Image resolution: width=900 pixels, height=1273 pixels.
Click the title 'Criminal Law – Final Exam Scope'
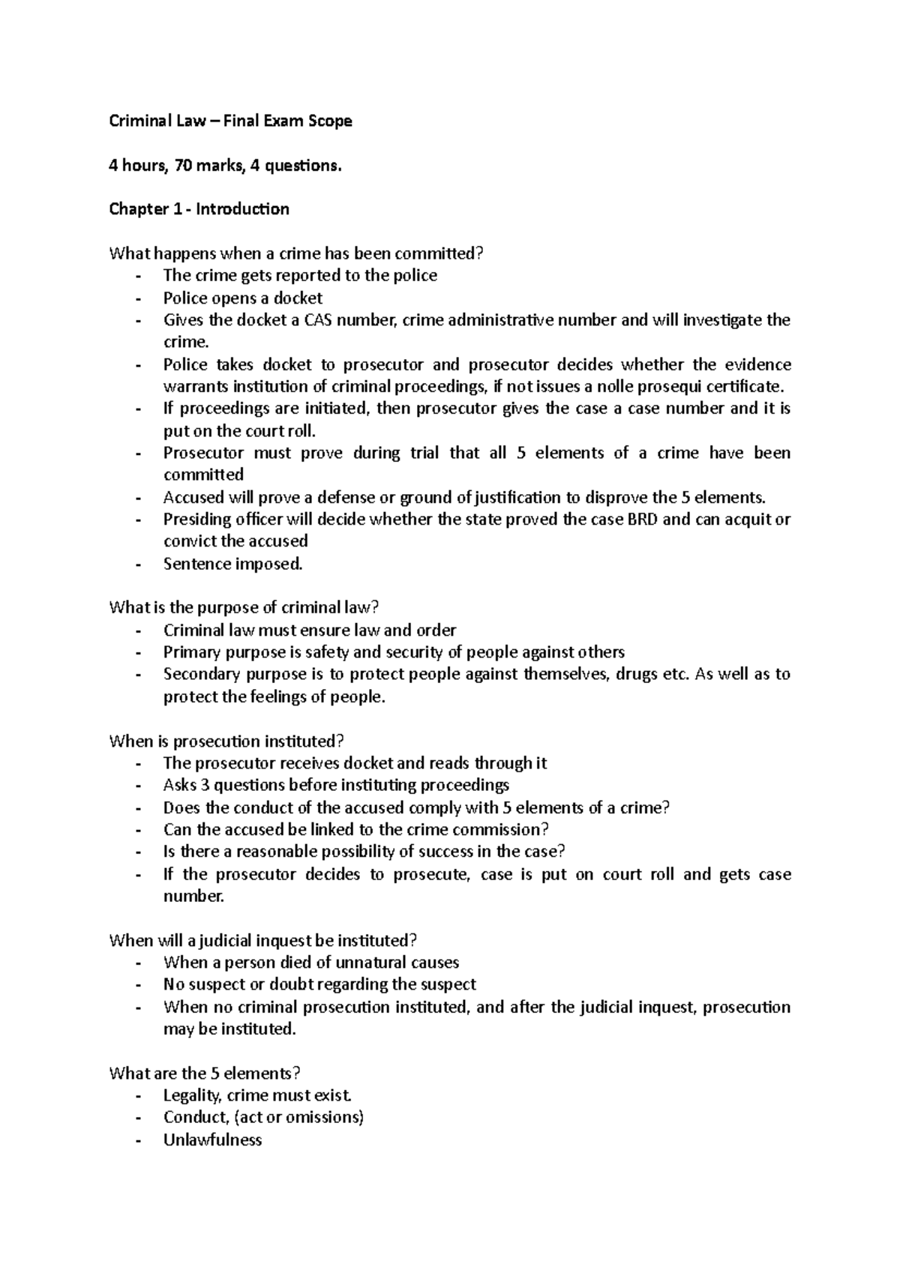(x=230, y=121)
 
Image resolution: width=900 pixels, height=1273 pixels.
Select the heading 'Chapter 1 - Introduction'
(x=199, y=209)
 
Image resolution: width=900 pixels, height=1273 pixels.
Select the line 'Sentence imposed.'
(x=233, y=564)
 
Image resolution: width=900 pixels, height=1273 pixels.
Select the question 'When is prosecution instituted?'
(x=226, y=741)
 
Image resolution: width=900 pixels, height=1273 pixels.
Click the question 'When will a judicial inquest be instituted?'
(x=262, y=940)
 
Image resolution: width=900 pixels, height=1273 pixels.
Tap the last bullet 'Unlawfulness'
(x=212, y=1140)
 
